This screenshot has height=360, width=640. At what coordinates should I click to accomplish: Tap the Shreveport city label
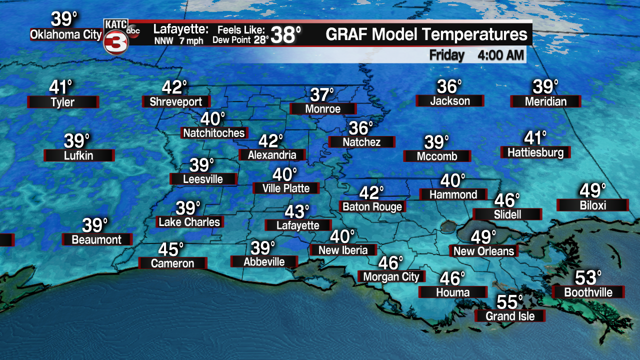click(x=176, y=102)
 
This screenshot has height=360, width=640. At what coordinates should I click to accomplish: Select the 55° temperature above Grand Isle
click(x=509, y=302)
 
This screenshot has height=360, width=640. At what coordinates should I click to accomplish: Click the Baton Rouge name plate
click(x=372, y=206)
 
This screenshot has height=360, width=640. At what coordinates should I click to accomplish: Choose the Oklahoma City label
click(x=66, y=35)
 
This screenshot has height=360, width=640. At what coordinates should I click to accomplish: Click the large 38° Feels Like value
click(x=286, y=35)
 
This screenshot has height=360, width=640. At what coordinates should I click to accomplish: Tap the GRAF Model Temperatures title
click(x=426, y=34)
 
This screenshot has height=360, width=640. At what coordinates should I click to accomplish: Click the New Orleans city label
click(x=483, y=250)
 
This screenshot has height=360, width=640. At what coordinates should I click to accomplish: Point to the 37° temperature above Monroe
click(x=322, y=94)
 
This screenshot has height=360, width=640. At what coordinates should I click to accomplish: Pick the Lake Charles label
click(x=189, y=221)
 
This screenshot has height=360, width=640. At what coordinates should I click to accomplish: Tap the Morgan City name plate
click(x=391, y=276)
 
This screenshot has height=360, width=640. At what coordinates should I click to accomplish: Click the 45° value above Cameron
click(x=171, y=249)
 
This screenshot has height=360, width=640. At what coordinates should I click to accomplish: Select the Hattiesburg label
click(x=535, y=152)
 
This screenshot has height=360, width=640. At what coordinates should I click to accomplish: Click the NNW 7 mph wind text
click(x=178, y=41)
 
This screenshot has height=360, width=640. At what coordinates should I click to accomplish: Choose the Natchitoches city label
click(x=214, y=132)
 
